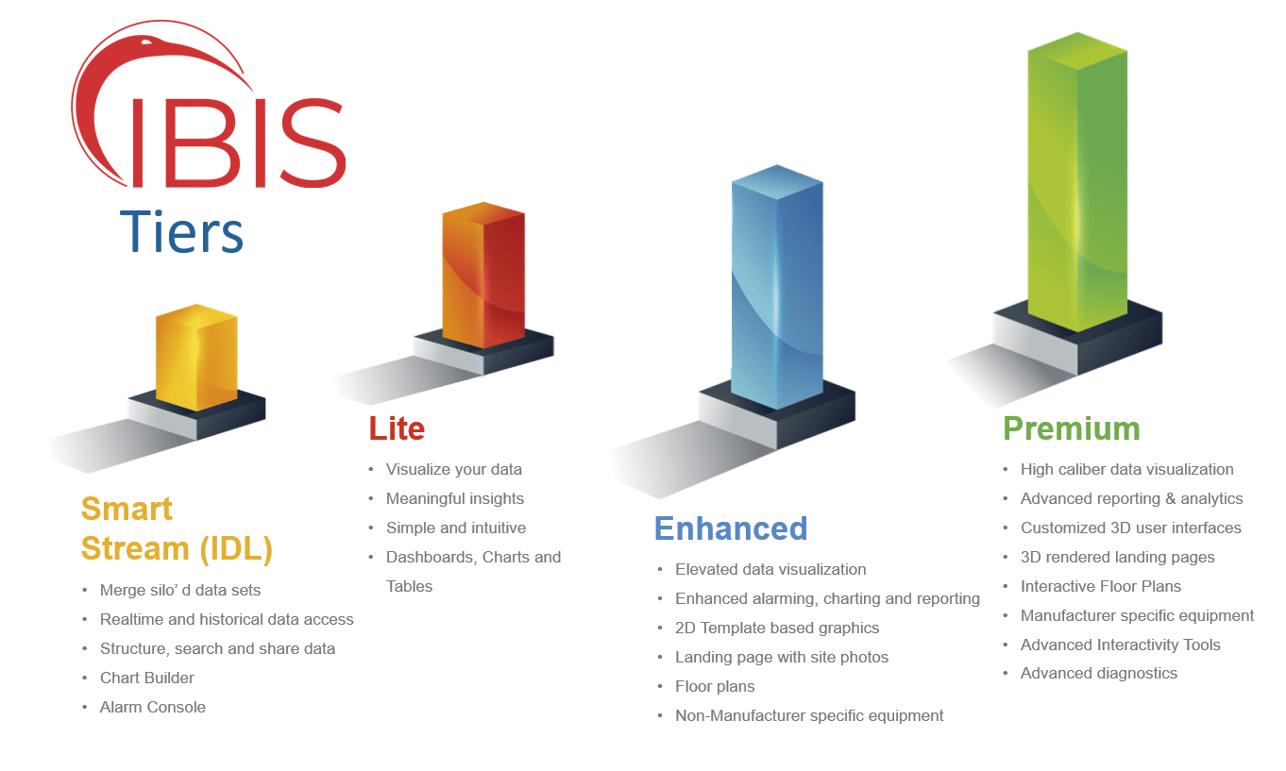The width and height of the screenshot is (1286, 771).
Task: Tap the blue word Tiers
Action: pos(181,231)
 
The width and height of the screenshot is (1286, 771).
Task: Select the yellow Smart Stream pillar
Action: pos(196,357)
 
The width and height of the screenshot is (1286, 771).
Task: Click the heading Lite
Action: pos(397,428)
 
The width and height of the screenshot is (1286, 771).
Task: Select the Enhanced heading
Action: pos(731,528)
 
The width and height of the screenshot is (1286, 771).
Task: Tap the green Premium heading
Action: pos(1071,428)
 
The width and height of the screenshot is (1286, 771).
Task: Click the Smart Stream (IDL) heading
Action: pos(177,528)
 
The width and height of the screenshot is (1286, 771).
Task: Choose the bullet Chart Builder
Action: pos(147,678)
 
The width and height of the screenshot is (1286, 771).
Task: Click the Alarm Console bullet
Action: pos(153,707)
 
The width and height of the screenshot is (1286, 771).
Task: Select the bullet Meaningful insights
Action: pos(455,498)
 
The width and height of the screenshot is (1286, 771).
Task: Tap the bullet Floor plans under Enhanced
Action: pos(715,686)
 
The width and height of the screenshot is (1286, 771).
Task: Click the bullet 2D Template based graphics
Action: pos(777,628)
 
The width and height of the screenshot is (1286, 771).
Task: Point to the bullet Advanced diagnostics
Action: pos(1099,673)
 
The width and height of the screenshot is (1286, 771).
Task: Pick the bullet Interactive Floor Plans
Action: pos(1101,586)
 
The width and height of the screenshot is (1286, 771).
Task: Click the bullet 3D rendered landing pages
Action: pos(1118,557)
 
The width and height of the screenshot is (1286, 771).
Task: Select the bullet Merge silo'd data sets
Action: pos(180,590)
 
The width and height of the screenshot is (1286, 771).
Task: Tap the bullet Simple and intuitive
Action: pos(456,528)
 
